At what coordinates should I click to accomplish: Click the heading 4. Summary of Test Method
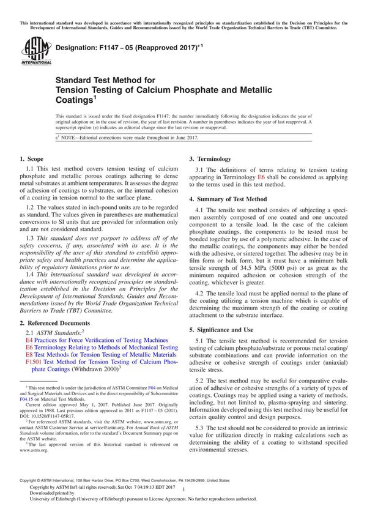(x=228, y=199)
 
